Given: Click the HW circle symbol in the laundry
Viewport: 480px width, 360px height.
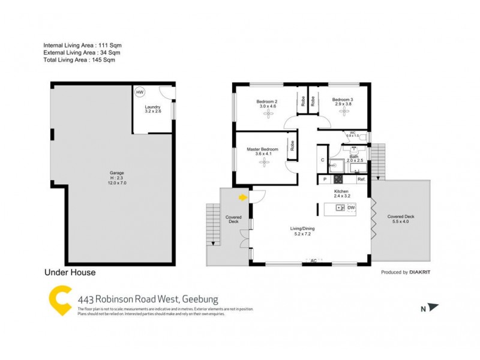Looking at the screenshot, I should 140,92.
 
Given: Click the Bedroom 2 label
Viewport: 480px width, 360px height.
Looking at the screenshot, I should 267,101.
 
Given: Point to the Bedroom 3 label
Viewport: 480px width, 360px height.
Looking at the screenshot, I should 343,100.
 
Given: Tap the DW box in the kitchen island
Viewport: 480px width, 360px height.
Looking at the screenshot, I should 352,208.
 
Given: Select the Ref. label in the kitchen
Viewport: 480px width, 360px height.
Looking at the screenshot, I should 361,179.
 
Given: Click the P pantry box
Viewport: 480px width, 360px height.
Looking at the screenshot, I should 324,179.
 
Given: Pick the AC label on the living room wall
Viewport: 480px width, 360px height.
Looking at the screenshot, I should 313,260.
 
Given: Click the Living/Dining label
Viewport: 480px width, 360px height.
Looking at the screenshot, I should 303,229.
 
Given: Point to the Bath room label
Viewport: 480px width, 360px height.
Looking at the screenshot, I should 354,157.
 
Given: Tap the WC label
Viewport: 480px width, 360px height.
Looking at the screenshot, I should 353,133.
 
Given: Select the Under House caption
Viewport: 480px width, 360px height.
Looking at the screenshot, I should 70,272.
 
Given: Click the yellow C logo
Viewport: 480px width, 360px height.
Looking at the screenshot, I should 58,301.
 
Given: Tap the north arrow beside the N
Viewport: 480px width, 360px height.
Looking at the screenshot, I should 434,308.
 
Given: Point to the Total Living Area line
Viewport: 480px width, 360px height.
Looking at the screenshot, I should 79,60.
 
